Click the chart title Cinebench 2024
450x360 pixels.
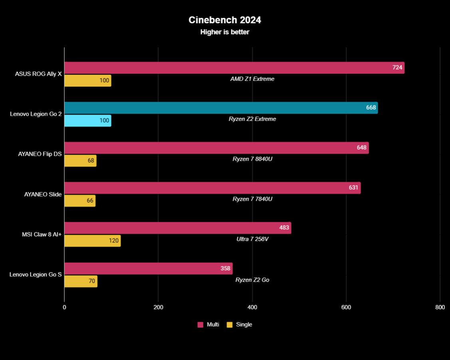225,20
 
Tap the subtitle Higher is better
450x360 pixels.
225,32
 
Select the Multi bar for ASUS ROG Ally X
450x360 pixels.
234,68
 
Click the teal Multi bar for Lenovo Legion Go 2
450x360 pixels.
221,108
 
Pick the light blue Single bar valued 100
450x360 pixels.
87,121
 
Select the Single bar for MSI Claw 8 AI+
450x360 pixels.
92,241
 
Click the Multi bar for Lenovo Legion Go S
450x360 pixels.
148,269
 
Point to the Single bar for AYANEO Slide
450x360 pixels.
79,201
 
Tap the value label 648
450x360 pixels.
362,148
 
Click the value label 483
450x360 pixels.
284,228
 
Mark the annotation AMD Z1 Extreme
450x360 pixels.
252,79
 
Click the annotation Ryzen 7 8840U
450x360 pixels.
252,159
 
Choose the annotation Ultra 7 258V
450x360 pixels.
252,239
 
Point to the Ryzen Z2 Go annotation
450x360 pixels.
252,280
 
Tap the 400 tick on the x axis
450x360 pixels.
252,307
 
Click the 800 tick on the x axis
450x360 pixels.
440,307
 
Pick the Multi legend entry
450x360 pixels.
208,325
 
